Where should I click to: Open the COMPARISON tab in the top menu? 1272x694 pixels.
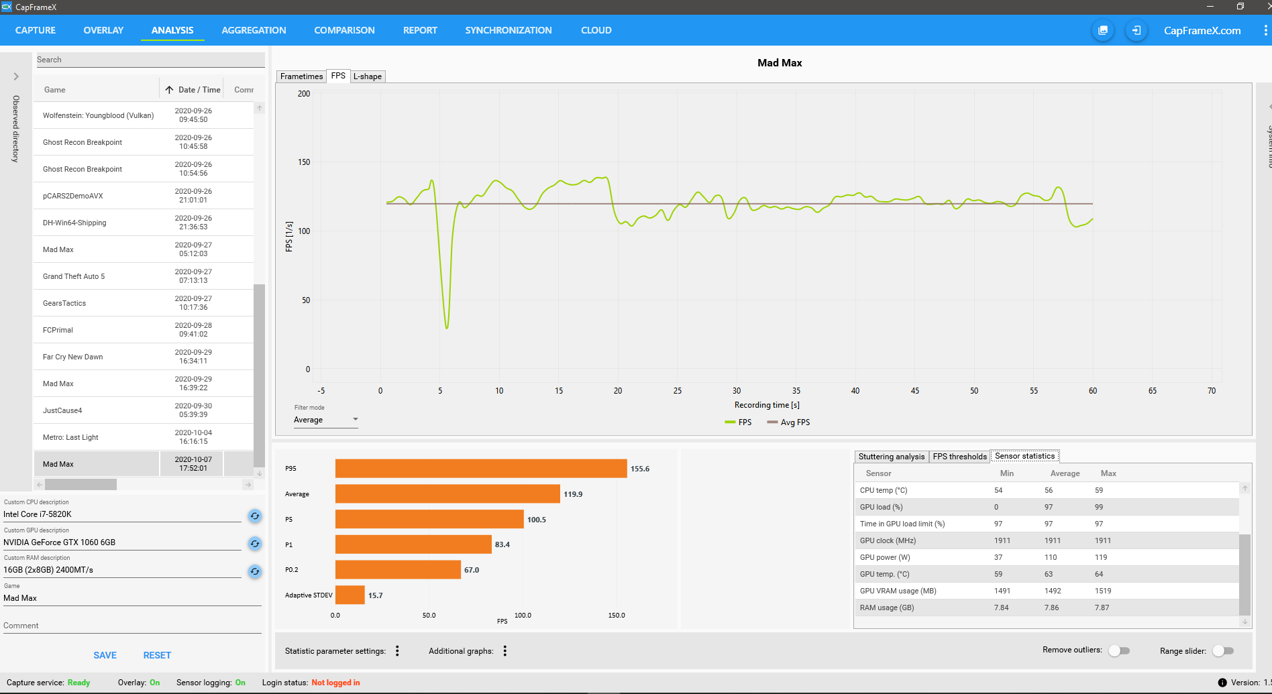[344, 30]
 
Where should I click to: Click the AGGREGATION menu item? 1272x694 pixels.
[254, 30]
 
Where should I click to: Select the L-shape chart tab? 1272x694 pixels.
[368, 76]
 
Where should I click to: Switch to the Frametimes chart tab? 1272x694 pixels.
[301, 76]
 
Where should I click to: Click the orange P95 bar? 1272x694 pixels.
[480, 469]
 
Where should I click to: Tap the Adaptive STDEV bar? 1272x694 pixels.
[350, 595]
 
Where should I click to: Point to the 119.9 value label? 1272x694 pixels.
[573, 494]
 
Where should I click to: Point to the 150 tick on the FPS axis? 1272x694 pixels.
[304, 162]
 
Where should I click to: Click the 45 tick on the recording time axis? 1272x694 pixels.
[915, 391]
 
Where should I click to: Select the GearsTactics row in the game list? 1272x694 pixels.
[64, 303]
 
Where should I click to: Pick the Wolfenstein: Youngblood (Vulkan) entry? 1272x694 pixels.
[98, 115]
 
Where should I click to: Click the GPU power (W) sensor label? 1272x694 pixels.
[885, 557]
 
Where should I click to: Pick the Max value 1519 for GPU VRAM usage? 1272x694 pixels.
[1103, 591]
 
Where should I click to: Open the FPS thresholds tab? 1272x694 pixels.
[959, 457]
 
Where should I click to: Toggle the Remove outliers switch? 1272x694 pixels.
[1119, 650]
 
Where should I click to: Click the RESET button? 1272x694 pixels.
[157, 655]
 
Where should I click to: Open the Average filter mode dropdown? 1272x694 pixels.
[325, 420]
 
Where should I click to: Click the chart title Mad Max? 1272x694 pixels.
[780, 63]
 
